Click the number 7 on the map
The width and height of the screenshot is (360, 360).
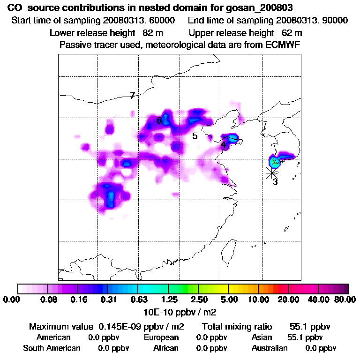(x=133, y=96)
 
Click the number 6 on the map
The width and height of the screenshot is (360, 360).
(x=159, y=120)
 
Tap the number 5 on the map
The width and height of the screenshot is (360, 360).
(x=195, y=136)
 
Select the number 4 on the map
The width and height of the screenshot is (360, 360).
(x=224, y=145)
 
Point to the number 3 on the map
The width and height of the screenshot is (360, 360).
(x=275, y=181)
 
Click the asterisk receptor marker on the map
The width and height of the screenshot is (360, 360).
(x=271, y=172)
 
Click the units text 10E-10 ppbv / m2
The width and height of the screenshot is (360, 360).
(x=180, y=311)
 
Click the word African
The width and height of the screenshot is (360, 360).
(x=165, y=348)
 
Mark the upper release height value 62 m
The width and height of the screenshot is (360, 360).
(x=292, y=33)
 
